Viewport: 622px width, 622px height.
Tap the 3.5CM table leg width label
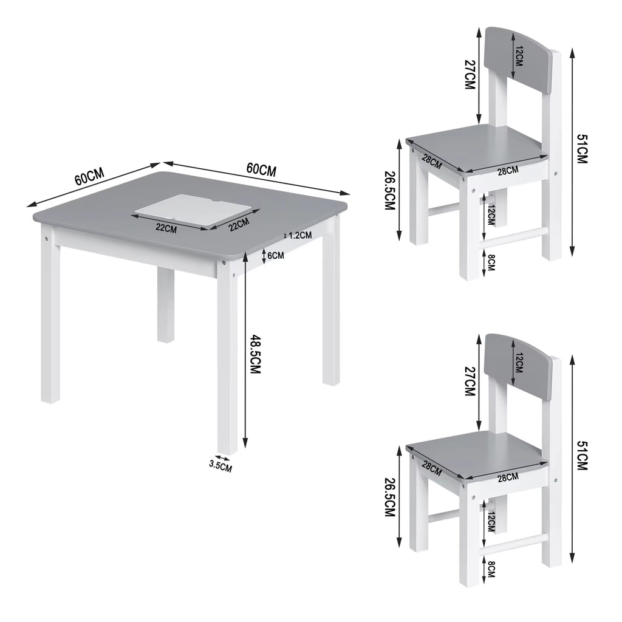pyautogui.click(x=220, y=466)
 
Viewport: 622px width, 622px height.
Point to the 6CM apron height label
pyautogui.click(x=275, y=256)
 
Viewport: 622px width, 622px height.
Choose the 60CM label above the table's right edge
pyautogui.click(x=261, y=169)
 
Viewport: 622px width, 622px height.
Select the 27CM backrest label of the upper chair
pyautogui.click(x=468, y=74)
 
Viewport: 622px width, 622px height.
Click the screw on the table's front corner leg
pyautogui.click(x=225, y=263)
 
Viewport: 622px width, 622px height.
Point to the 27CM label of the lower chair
pyautogui.click(x=468, y=381)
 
